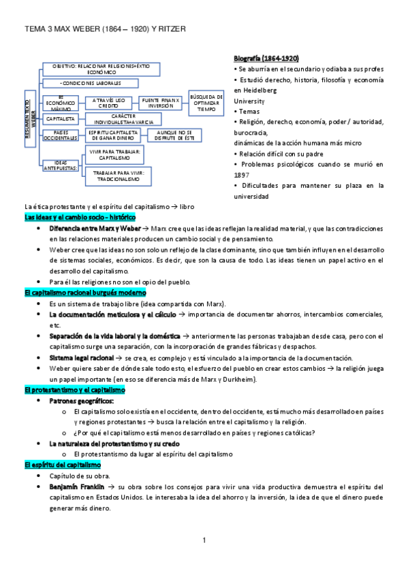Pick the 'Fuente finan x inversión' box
pos(161,103)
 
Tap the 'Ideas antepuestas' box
pos(59,165)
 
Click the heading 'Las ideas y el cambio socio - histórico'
pos(80,217)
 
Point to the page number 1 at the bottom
pos(204,540)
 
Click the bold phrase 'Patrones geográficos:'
pos(81,401)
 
